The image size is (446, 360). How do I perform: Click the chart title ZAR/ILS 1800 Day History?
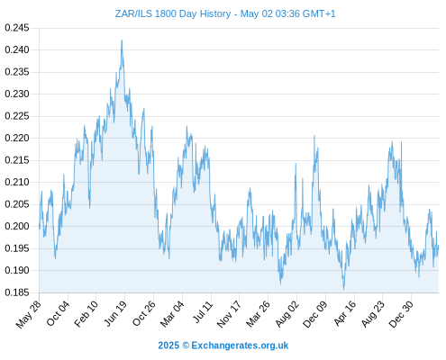tap(173, 13)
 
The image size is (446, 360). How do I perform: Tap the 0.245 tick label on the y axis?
tap(17, 28)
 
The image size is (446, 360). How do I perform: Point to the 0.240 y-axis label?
tap(17, 49)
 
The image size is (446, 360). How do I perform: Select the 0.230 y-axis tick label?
tap(17, 94)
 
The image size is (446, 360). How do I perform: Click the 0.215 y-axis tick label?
tap(17, 160)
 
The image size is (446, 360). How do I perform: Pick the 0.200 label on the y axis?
tap(17, 226)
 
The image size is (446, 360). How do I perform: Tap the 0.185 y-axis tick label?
tap(17, 292)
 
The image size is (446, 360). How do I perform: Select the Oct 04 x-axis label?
tap(58, 313)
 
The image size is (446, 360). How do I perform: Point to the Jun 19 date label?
tap(115, 313)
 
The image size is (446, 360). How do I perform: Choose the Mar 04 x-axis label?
tap(172, 314)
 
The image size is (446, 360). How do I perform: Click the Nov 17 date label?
tap(229, 314)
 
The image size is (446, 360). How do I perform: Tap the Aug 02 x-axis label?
tap(287, 314)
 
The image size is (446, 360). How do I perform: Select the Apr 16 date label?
tap(345, 313)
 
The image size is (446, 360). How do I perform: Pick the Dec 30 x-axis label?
tap(401, 314)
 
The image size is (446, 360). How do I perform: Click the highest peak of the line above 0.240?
tap(122, 40)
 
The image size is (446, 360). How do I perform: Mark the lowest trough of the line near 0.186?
tap(344, 290)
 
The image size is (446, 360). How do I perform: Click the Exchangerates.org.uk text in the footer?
tap(240, 346)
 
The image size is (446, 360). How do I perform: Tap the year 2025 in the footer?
tap(168, 346)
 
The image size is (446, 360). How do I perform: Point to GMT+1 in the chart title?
tap(319, 13)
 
